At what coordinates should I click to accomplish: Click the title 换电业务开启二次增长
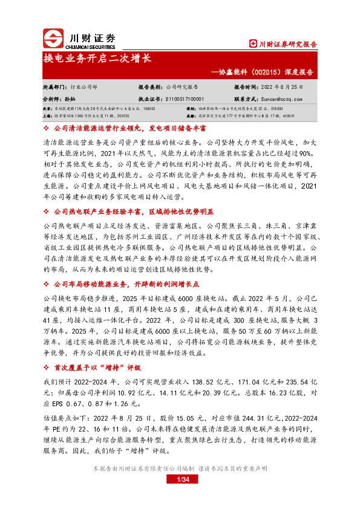tap(97, 59)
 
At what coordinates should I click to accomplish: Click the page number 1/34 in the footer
tap(180, 480)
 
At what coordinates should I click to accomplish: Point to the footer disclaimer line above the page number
tap(180, 469)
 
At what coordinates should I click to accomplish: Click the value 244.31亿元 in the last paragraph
tap(256, 416)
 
